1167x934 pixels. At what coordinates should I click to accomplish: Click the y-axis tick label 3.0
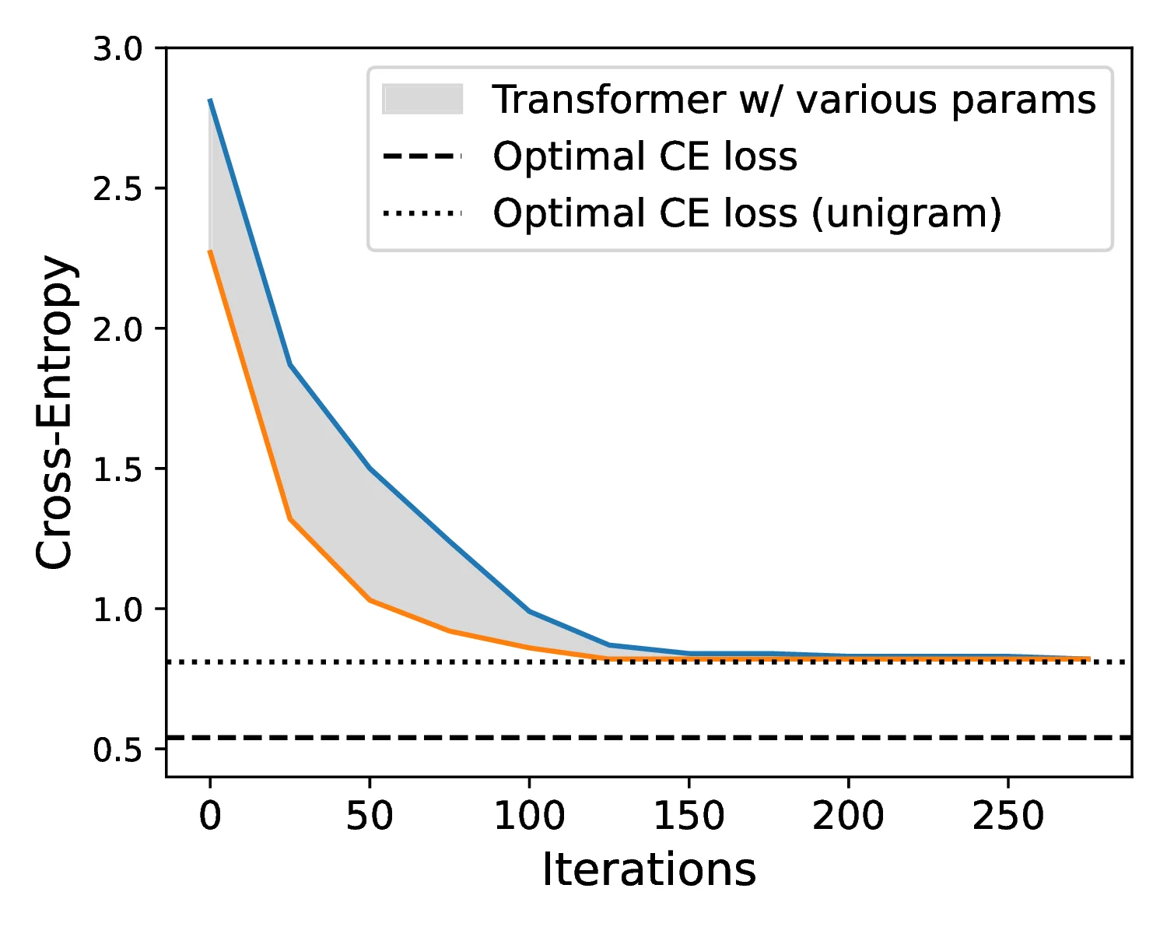pyautogui.click(x=117, y=50)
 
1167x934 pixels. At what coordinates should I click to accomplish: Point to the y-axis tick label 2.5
pyautogui.click(x=117, y=190)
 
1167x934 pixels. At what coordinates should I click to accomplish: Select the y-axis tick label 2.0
pyautogui.click(x=117, y=330)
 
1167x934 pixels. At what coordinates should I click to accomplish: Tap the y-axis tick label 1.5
pyautogui.click(x=117, y=470)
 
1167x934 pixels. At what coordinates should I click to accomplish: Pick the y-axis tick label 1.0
pyautogui.click(x=117, y=610)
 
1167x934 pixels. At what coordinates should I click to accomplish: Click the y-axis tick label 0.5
pyautogui.click(x=117, y=750)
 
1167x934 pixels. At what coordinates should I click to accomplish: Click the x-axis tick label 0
pyautogui.click(x=210, y=816)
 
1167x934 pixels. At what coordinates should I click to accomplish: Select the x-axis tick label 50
pyautogui.click(x=370, y=816)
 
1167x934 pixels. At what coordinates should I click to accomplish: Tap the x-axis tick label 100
pyautogui.click(x=529, y=816)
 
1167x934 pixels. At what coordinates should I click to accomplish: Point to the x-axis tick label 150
pyautogui.click(x=689, y=816)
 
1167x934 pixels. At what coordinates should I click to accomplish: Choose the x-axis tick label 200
pyautogui.click(x=848, y=816)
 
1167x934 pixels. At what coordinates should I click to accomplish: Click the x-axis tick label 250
pyautogui.click(x=1008, y=816)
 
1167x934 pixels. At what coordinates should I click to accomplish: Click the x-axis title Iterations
pyautogui.click(x=649, y=870)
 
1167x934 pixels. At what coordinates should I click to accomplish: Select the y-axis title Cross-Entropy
pyautogui.click(x=56, y=413)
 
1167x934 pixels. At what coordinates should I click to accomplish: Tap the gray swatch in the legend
pyautogui.click(x=422, y=100)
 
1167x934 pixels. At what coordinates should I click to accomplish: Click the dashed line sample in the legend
pyautogui.click(x=422, y=156)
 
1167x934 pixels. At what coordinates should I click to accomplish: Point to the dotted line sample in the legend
pyautogui.click(x=422, y=213)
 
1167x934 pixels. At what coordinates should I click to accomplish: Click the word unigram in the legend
pyautogui.click(x=906, y=213)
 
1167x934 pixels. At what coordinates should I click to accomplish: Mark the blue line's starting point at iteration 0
pyautogui.click(x=210, y=100)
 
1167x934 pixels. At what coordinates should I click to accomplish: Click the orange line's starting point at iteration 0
pyautogui.click(x=210, y=251)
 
